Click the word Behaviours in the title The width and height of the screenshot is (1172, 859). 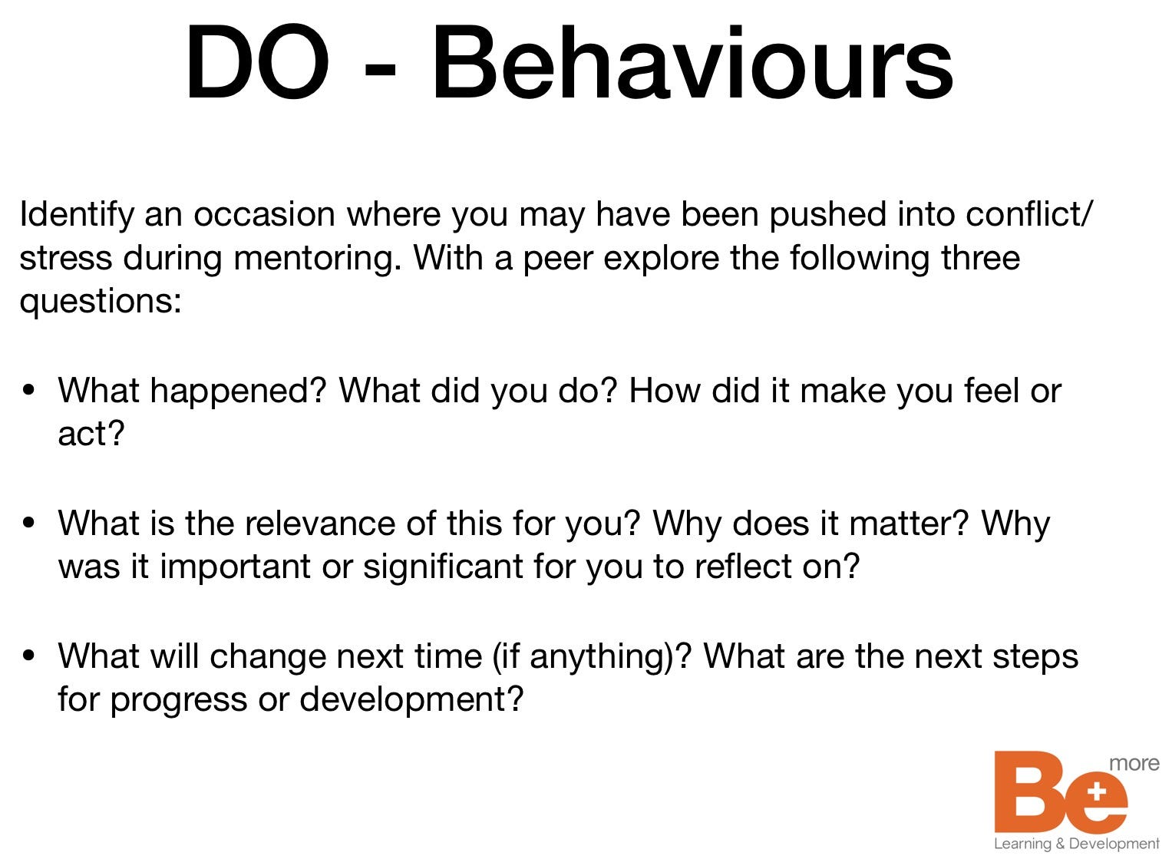click(693, 61)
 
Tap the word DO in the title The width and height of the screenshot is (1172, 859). click(258, 61)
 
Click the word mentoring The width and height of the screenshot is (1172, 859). click(318, 259)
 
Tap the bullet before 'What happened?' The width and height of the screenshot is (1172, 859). click(28, 390)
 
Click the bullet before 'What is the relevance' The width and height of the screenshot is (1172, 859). click(28, 523)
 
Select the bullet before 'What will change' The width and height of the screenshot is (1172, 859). click(28, 655)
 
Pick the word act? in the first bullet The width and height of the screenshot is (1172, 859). click(91, 434)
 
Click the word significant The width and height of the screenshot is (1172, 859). click(443, 567)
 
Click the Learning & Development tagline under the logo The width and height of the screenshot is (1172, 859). click(1076, 844)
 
